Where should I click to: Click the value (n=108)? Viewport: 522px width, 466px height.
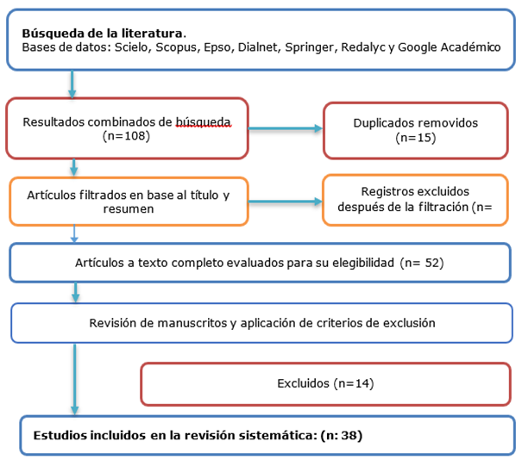[124, 135]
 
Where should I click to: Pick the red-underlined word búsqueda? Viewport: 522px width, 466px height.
[204, 121]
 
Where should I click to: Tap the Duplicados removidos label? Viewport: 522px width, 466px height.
[415, 122]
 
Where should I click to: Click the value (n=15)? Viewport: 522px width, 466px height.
[415, 137]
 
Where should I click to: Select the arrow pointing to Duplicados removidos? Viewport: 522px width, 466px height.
[285, 129]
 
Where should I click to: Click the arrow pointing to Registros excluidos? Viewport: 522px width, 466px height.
[285, 202]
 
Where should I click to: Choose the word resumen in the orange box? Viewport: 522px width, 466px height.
[130, 209]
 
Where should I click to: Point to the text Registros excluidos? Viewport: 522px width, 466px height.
[415, 190]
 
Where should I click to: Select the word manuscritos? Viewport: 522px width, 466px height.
[189, 323]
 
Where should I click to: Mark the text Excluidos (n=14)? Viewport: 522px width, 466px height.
[325, 382]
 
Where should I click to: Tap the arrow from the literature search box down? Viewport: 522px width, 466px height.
[72, 83]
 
